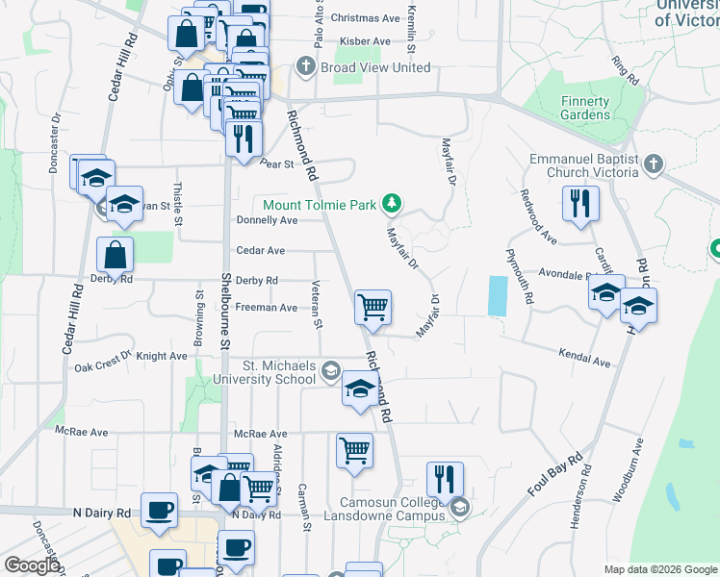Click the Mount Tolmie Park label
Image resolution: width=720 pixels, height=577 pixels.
[320, 204]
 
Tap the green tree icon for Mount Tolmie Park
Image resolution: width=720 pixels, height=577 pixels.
[391, 203]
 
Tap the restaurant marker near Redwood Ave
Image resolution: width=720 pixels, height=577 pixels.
[579, 203]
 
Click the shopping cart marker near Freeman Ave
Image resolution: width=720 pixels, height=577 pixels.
[373, 308]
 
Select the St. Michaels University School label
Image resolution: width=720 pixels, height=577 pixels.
[278, 372]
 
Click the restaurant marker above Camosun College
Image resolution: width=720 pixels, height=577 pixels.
[445, 480]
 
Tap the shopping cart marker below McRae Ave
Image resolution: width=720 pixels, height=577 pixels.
[355, 450]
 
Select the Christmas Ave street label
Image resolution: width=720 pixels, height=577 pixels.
[364, 18]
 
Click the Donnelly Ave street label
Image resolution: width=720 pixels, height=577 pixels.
[267, 220]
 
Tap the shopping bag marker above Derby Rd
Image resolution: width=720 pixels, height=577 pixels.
[115, 256]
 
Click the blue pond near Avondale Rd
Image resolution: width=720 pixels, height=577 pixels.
[497, 296]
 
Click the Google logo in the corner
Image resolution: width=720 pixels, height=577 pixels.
[31, 564]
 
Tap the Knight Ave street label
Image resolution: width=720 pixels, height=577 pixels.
[162, 356]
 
